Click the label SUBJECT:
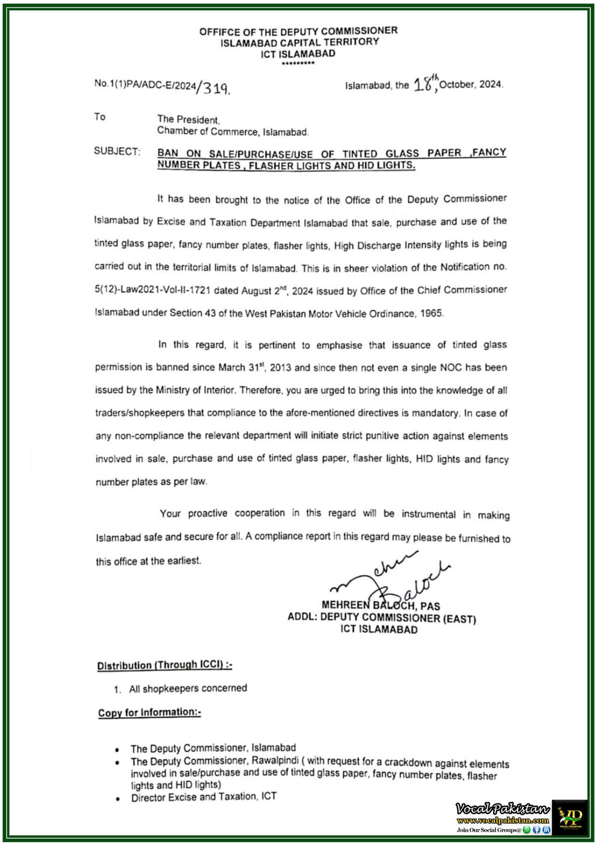tap(117, 151)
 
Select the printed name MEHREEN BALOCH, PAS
tap(380, 606)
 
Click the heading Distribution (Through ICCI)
tap(164, 665)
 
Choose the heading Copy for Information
tap(149, 713)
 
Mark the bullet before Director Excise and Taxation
tap(118, 799)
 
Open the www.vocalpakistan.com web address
tap(503, 820)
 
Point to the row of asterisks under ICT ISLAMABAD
tap(298, 63)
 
